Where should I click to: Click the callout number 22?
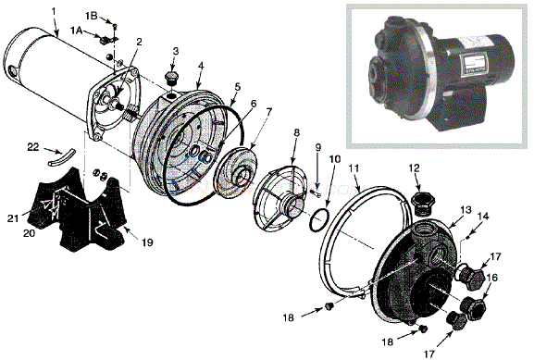pyautogui.click(x=33, y=147)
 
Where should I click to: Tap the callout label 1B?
pyautogui.click(x=92, y=16)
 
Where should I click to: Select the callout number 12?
pyautogui.click(x=415, y=168)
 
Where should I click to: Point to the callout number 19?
pyautogui.click(x=147, y=242)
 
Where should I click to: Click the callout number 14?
pyautogui.click(x=483, y=216)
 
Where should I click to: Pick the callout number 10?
pyautogui.click(x=335, y=159)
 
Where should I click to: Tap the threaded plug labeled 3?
pyautogui.click(x=171, y=79)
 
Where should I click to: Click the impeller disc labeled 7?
pyautogui.click(x=237, y=171)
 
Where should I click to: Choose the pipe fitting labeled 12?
pyautogui.click(x=421, y=204)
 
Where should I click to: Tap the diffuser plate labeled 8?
pyautogui.click(x=282, y=199)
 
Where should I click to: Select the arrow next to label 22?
pyautogui.click(x=52, y=151)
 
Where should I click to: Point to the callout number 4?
pyautogui.click(x=201, y=66)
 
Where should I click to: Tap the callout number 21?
pyautogui.click(x=13, y=218)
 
